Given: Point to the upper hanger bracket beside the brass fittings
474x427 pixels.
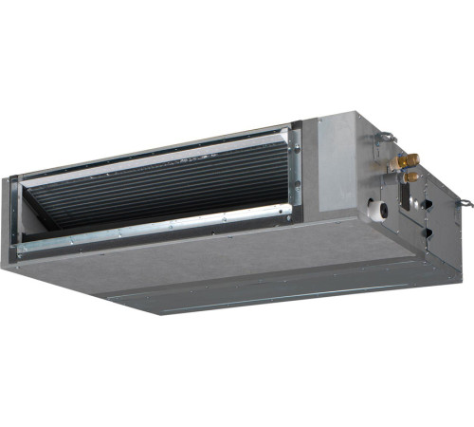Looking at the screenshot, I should (x=383, y=140).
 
